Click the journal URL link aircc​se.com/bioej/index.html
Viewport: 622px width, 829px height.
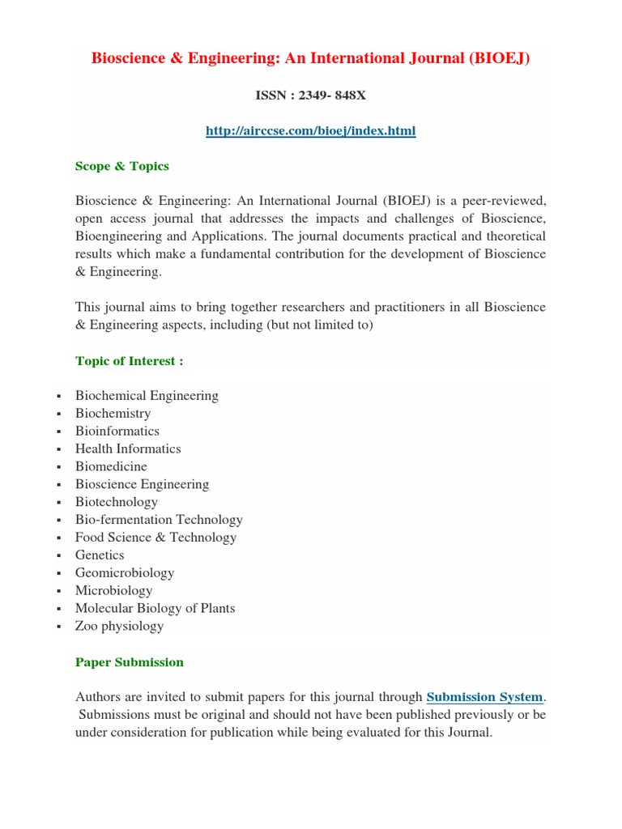[x=311, y=130]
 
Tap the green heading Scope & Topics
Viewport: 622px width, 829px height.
[x=121, y=166]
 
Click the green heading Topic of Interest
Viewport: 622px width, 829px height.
[x=129, y=361]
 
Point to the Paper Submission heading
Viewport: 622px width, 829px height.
[x=129, y=662]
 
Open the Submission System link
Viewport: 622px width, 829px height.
[x=484, y=697]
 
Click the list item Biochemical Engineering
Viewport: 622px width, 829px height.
[x=147, y=396]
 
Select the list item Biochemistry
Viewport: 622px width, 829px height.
[x=113, y=414]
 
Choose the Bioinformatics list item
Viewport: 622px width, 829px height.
[x=117, y=432]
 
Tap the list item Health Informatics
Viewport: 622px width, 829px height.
[x=128, y=449]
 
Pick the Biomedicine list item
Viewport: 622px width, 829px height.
[x=111, y=467]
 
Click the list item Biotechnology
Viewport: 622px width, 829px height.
[x=116, y=502]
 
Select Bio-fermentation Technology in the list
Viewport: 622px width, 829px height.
[x=159, y=520]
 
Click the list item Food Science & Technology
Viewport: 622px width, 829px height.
[x=155, y=538]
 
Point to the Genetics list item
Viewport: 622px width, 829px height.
[x=100, y=555]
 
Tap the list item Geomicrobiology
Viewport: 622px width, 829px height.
[x=124, y=573]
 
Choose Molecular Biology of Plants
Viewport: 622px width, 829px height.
[x=155, y=608]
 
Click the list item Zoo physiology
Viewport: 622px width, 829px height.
[x=119, y=626]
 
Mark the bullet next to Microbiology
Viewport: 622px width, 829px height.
[x=60, y=592]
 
